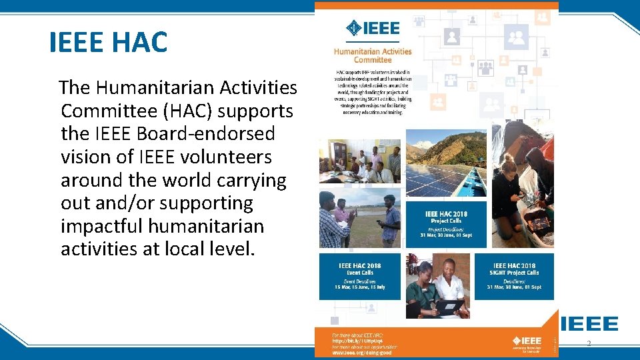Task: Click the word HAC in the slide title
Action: [140, 42]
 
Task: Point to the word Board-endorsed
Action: [205, 133]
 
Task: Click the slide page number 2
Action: [589, 343]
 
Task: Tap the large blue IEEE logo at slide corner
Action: [589, 323]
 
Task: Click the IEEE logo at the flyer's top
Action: [373, 28]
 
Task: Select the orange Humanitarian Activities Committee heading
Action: [373, 55]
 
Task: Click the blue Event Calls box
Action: [360, 276]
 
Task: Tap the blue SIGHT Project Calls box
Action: [514, 276]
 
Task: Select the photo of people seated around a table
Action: [360, 162]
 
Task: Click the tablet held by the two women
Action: [449, 305]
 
